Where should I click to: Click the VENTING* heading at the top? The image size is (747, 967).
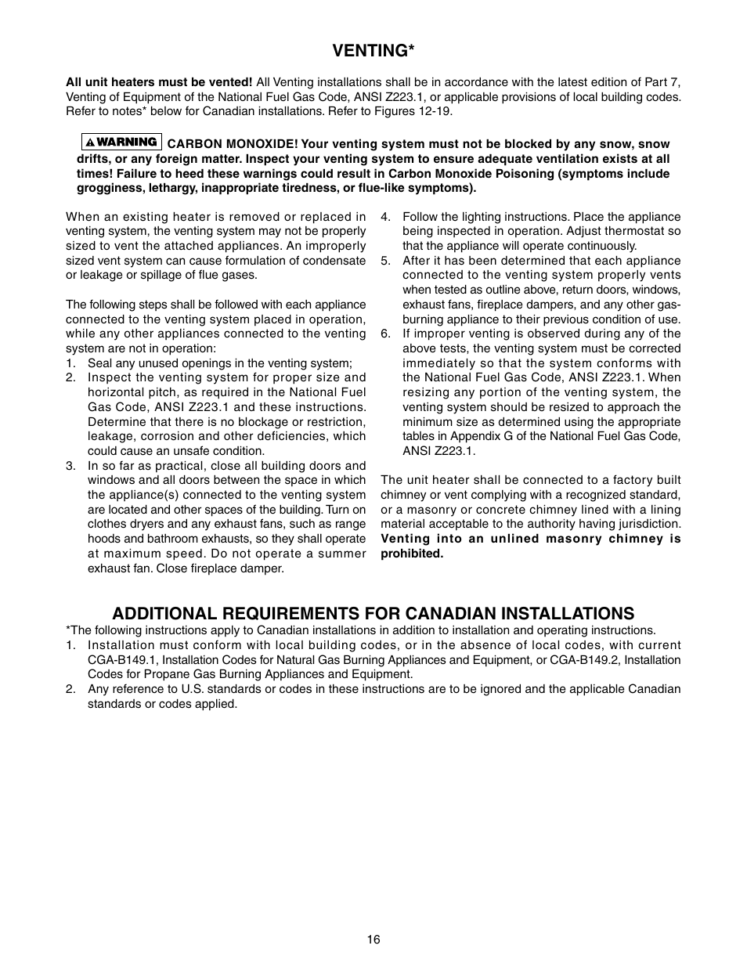[373, 51]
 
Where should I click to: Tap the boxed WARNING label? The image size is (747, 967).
[121, 143]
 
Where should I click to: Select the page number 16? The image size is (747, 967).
[373, 939]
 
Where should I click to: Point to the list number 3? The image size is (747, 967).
[70, 466]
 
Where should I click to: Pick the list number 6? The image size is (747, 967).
[385, 334]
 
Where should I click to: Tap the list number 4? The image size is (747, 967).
[385, 217]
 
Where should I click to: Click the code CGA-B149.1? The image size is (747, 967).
[125, 660]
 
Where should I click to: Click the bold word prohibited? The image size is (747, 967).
[412, 554]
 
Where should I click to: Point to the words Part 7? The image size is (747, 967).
[663, 82]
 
